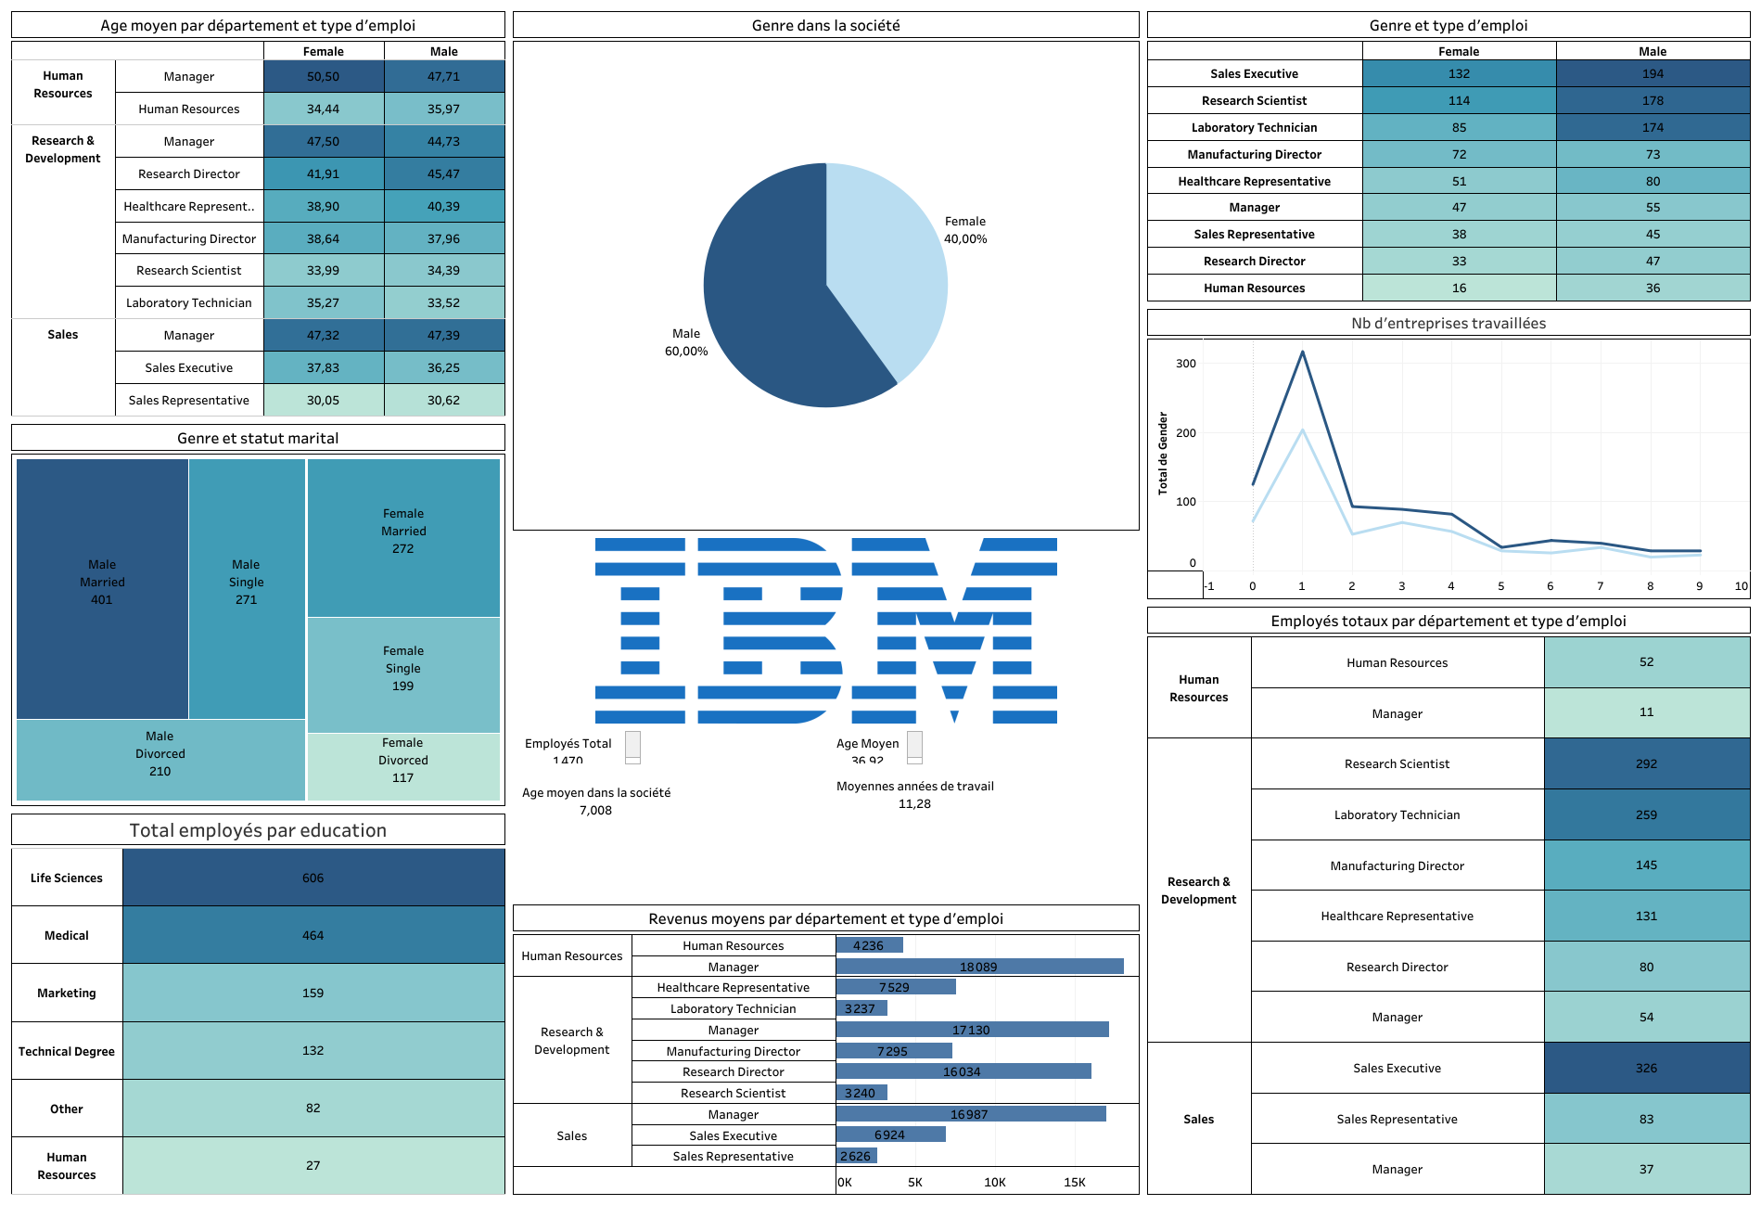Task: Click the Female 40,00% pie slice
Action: (881, 260)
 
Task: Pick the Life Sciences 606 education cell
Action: (313, 878)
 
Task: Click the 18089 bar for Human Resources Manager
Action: (978, 967)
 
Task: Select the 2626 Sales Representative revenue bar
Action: (856, 1156)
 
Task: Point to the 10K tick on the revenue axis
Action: (994, 1182)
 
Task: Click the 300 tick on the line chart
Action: (1186, 364)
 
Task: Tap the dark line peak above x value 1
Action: (1302, 352)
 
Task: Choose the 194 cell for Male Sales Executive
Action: (1652, 74)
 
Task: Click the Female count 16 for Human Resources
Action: (1459, 288)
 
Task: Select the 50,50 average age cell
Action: (323, 77)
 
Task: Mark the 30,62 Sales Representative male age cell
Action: (443, 401)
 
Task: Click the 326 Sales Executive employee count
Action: (1646, 1068)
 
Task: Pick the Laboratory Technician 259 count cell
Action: (1646, 814)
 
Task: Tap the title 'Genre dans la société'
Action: (825, 26)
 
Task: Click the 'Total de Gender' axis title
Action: (1163, 453)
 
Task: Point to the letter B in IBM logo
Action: (770, 630)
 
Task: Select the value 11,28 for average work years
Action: (914, 804)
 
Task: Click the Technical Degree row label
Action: (67, 1051)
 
